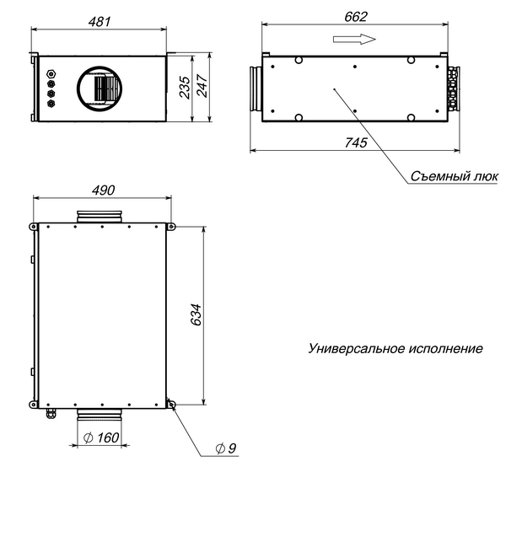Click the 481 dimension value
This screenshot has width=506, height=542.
click(x=100, y=22)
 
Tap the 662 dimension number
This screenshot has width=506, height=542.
click(x=356, y=17)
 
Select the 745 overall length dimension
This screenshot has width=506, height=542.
click(x=356, y=142)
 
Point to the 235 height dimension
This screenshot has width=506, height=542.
click(x=186, y=88)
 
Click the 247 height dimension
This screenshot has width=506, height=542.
click(x=202, y=86)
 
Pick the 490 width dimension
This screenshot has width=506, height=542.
click(x=104, y=191)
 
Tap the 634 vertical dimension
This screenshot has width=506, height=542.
click(x=196, y=314)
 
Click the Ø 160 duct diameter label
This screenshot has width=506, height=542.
click(x=101, y=437)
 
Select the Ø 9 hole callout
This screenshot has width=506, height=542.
click(x=226, y=448)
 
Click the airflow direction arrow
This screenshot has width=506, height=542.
click(x=354, y=39)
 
